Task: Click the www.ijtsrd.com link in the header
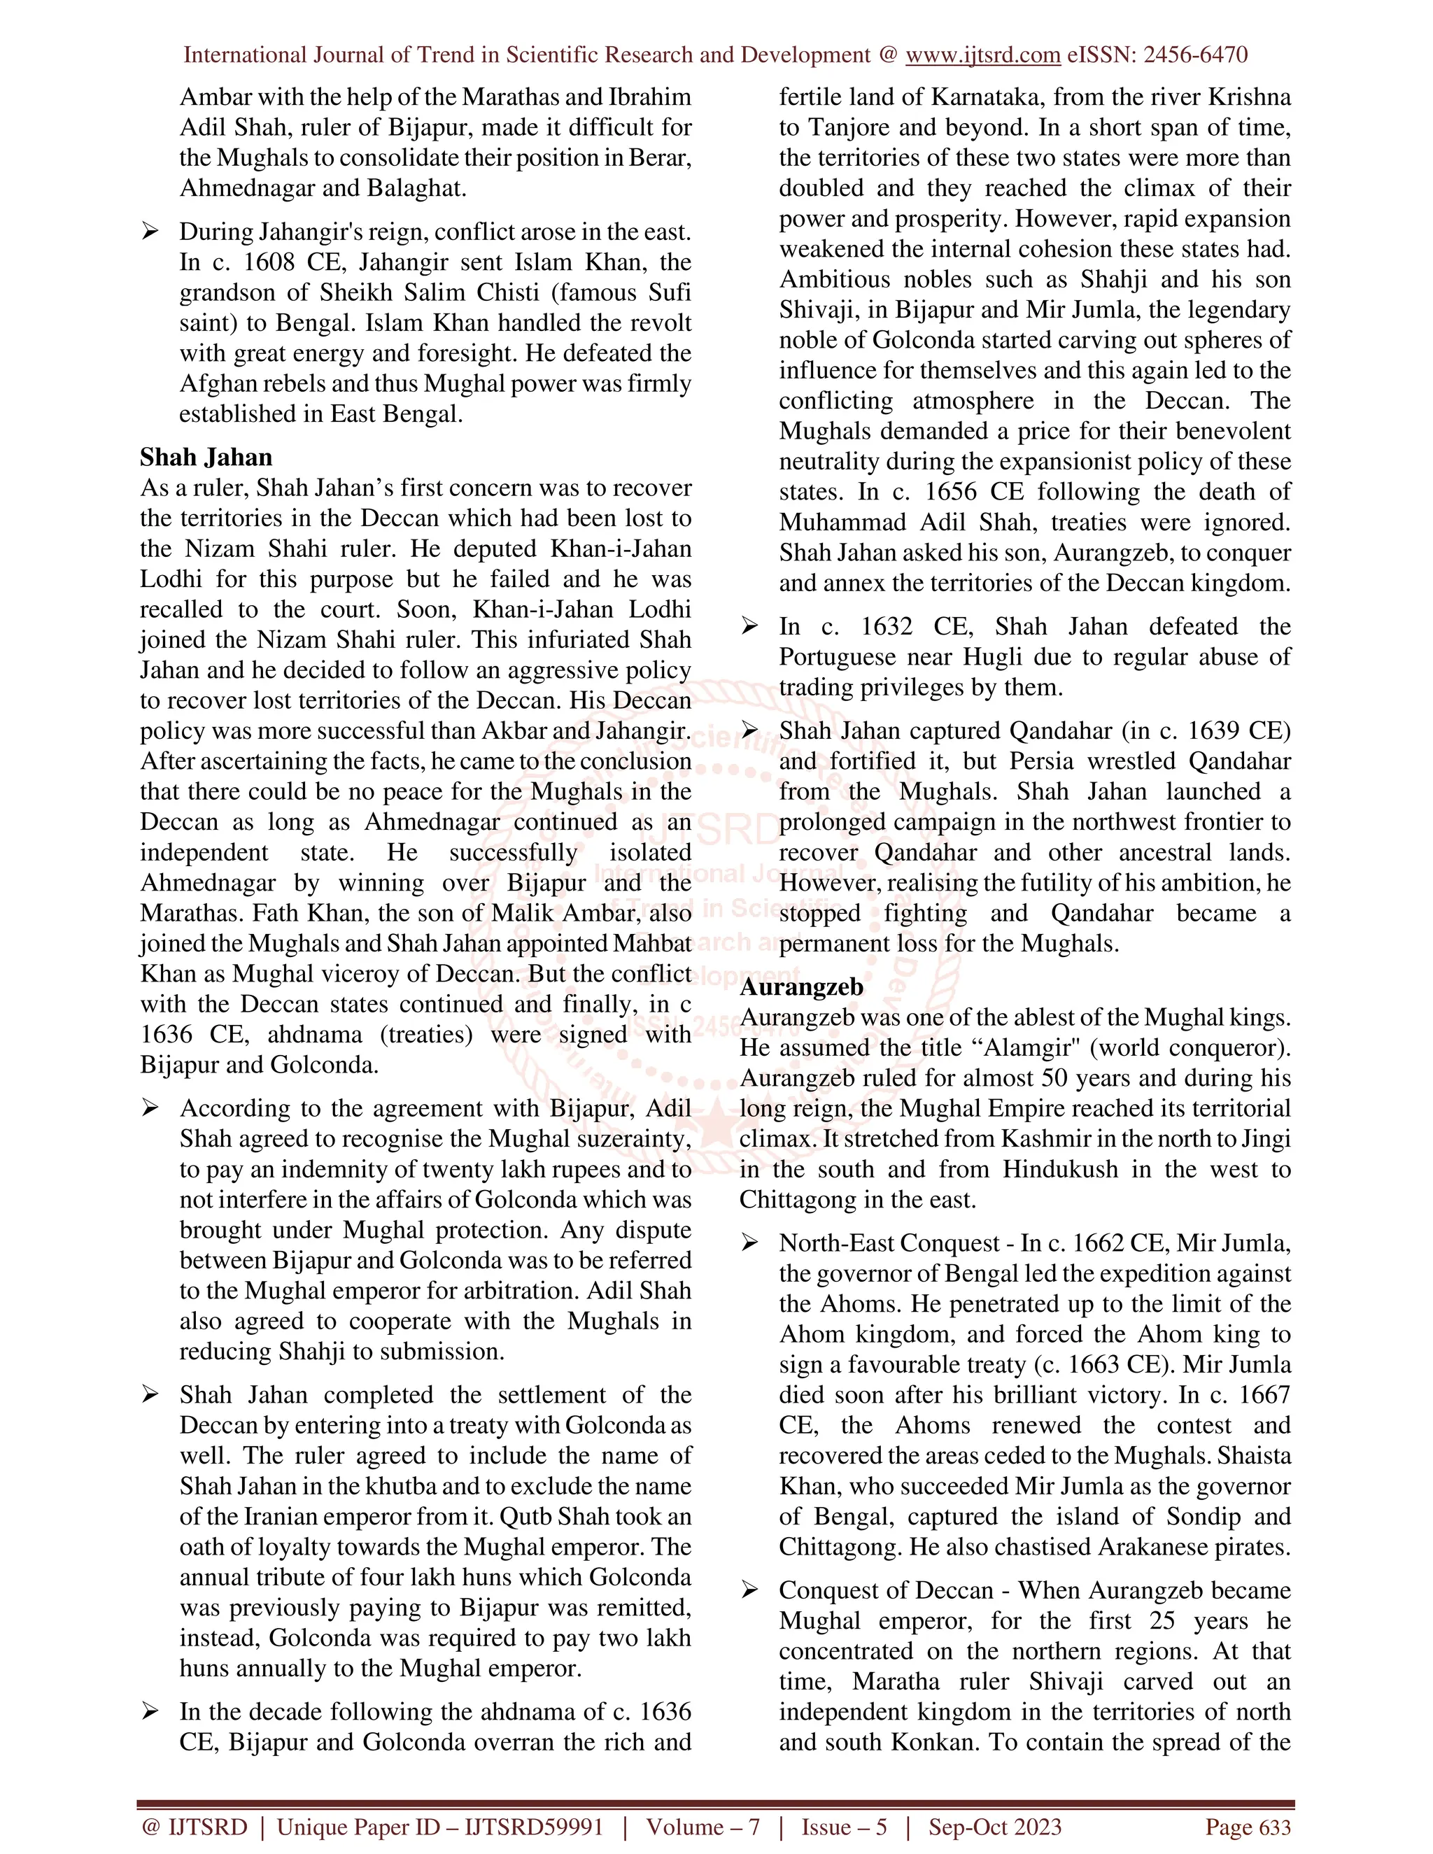[982, 55]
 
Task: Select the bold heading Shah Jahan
[206, 458]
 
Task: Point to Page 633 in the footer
[1247, 1827]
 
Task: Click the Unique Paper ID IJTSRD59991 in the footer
[439, 1827]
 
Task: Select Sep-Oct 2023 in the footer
[994, 1827]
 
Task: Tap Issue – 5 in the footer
[844, 1827]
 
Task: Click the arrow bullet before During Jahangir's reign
[150, 232]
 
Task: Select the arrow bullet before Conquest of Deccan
[749, 1591]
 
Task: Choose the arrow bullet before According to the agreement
[150, 1109]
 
